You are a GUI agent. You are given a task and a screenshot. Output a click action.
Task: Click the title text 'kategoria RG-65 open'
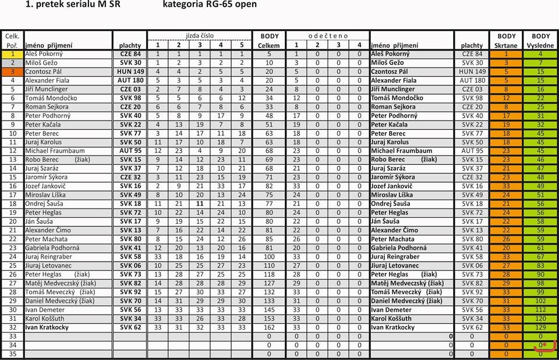tap(210, 5)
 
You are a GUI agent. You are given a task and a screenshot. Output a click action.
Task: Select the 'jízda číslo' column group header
tap(200, 36)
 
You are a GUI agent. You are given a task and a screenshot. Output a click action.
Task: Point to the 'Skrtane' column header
tap(505, 45)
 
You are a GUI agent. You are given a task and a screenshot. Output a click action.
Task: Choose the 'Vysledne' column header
tap(540, 45)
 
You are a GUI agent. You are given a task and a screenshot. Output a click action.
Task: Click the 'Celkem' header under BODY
tap(269, 45)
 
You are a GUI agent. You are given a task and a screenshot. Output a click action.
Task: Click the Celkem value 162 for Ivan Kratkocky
tap(269, 327)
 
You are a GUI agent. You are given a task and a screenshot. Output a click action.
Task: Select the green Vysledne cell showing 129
tap(540, 327)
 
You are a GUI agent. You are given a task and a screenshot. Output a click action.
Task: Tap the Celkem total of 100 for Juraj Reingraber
tap(269, 256)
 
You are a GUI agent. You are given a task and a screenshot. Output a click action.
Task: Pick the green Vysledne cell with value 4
tap(540, 54)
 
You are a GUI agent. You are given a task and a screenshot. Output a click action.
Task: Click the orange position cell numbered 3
tap(12, 72)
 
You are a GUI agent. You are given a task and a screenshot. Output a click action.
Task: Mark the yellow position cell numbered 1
tap(12, 54)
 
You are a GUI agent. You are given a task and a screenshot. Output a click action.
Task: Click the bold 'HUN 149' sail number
tap(130, 72)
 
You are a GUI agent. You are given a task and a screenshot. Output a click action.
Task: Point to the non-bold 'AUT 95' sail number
tap(472, 151)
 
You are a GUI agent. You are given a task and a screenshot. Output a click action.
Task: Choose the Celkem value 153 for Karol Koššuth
tap(269, 319)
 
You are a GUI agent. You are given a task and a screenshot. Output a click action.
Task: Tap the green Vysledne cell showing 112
tap(540, 310)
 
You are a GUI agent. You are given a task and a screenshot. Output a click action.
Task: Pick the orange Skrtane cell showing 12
tap(505, 98)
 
